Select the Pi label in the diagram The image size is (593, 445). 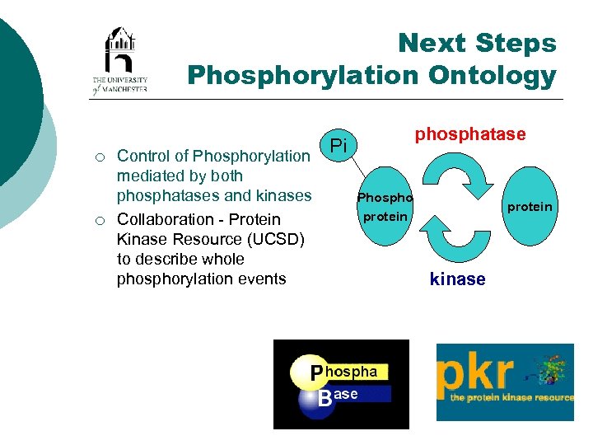click(x=336, y=146)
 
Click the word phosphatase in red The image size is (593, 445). click(x=469, y=133)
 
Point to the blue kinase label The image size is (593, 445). click(x=457, y=279)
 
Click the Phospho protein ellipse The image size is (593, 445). click(x=384, y=207)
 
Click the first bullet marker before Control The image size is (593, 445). click(x=99, y=157)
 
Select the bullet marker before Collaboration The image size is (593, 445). click(x=99, y=220)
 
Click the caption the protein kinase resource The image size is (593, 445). click(x=511, y=397)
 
